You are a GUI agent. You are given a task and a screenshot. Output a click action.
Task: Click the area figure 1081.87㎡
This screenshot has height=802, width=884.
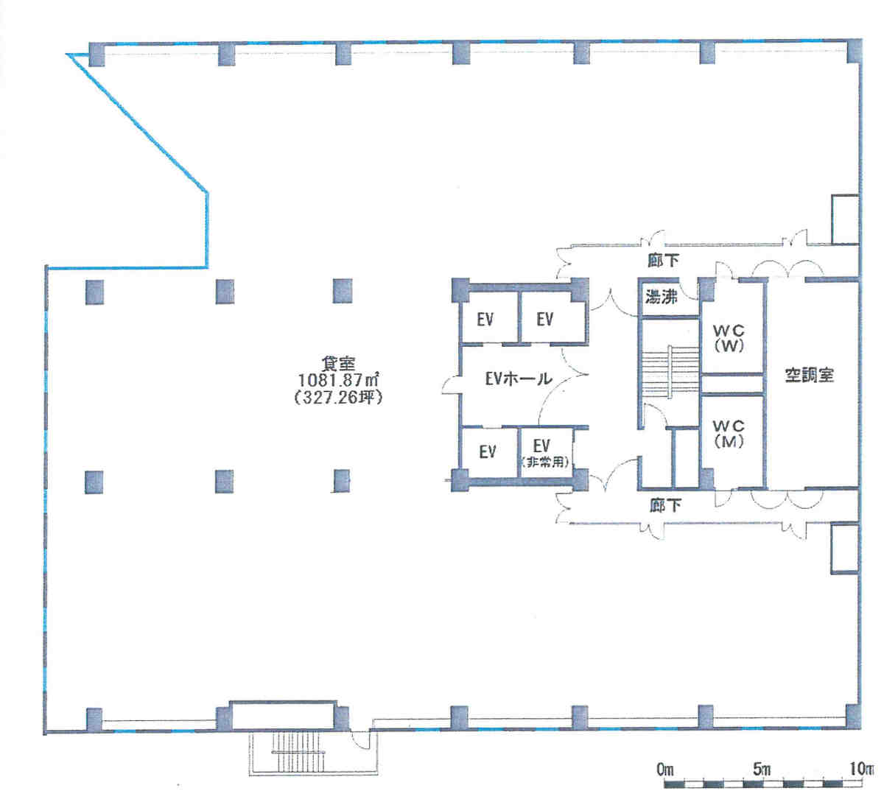(338, 380)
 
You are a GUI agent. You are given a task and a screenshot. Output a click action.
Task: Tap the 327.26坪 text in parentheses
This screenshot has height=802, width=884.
(338, 398)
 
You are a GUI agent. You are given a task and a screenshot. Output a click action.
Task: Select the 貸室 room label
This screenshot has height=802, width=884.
(338, 364)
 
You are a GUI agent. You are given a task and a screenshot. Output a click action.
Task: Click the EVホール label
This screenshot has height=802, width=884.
(518, 379)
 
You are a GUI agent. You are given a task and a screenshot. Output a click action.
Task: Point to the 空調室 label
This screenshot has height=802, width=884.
(810, 376)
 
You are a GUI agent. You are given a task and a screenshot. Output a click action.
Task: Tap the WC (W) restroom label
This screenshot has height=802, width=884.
(729, 338)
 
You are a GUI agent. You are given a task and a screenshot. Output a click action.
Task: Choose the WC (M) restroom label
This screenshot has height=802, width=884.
(729, 434)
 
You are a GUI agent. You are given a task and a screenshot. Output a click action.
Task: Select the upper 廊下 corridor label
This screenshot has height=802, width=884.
(663, 261)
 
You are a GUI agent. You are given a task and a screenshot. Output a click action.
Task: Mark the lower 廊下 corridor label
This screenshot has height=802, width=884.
(665, 505)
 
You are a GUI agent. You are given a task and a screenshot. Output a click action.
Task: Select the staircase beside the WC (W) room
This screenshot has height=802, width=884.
(670, 371)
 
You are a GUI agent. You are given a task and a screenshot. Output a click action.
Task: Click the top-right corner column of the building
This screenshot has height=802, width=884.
(854, 51)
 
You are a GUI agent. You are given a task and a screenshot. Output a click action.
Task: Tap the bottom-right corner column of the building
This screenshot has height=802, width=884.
(854, 717)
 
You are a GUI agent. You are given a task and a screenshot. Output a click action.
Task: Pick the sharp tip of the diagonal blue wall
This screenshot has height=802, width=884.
(67, 54)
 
